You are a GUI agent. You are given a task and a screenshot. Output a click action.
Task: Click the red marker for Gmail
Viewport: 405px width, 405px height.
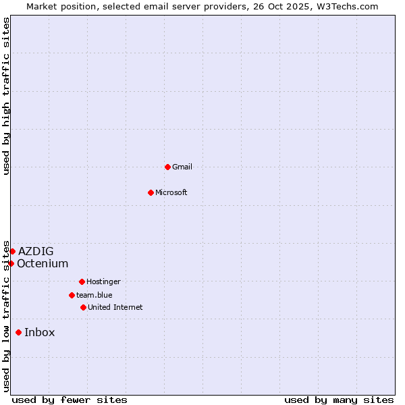pos(167,167)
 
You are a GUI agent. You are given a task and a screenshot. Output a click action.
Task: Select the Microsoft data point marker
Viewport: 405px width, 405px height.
pos(151,192)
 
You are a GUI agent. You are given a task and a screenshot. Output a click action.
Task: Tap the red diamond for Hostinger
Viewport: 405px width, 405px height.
pos(82,281)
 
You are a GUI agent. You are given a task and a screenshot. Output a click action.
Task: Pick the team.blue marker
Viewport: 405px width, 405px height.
pos(72,295)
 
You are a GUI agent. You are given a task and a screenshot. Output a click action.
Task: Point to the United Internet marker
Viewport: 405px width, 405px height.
pos(83,307)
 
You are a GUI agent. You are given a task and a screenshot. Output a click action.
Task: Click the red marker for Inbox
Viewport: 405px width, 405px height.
pos(18,332)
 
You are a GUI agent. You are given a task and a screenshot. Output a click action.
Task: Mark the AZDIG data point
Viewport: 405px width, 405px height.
pos(12,251)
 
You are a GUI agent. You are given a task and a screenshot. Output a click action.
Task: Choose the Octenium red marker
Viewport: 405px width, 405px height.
pos(11,263)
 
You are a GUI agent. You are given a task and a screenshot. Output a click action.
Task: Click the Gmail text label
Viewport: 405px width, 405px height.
pos(182,167)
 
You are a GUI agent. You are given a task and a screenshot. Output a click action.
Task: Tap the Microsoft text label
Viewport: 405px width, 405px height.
pos(171,192)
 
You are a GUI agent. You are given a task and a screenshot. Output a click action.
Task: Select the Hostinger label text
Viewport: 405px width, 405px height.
pos(103,281)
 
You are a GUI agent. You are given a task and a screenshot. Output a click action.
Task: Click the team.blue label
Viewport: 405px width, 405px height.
pos(94,295)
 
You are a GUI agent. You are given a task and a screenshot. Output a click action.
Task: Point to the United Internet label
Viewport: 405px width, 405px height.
pos(115,307)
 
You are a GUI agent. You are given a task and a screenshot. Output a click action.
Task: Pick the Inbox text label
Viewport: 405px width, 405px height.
pos(40,332)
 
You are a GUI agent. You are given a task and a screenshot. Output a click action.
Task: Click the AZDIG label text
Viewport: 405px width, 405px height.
pos(36,252)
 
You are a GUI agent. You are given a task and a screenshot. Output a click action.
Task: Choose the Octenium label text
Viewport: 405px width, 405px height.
pos(43,263)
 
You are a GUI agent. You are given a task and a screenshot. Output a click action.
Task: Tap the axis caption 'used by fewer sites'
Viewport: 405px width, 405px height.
pos(70,400)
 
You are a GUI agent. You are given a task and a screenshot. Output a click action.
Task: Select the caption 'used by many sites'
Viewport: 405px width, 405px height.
pos(339,400)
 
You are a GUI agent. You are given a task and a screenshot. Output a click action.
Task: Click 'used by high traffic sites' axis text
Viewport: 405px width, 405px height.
pos(6,96)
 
